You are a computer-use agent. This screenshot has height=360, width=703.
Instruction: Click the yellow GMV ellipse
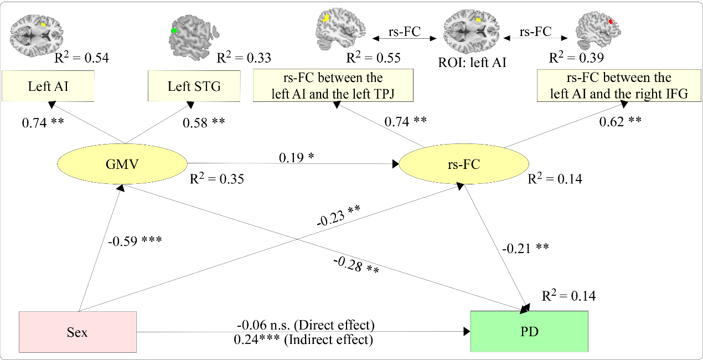(x=122, y=163)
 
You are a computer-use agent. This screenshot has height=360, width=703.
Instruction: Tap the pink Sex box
(x=78, y=332)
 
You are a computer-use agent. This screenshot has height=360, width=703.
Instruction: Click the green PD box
(x=529, y=331)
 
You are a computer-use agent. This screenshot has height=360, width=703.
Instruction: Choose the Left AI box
(x=48, y=86)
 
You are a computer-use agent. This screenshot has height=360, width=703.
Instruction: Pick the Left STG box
(x=194, y=86)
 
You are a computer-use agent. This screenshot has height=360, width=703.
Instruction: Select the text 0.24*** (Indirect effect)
(x=303, y=340)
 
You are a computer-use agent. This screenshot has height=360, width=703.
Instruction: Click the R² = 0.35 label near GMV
(x=216, y=179)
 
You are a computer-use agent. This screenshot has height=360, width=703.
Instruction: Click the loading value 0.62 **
(x=620, y=120)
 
